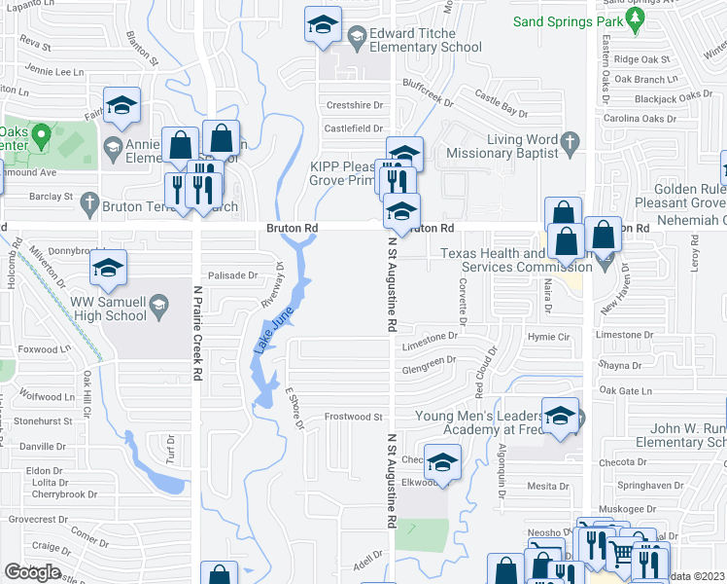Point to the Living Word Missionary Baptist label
499,146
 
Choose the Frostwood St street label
352,417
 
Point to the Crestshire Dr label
356,105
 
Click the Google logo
32,572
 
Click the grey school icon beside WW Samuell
157,310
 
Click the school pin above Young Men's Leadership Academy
560,416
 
